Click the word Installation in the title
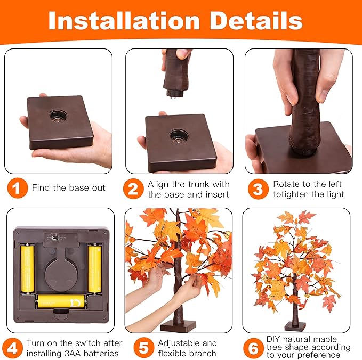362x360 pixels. (124, 21)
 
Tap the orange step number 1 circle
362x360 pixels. (18, 188)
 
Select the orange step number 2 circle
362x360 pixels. (133, 189)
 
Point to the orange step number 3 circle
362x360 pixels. (259, 189)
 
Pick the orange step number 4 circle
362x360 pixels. (13, 348)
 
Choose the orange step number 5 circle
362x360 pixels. (144, 348)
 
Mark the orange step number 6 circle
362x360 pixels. (253, 348)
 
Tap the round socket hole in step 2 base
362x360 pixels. (178, 136)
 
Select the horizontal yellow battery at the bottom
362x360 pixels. (61, 301)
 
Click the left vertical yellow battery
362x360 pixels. (28, 269)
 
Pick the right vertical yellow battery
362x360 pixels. (95, 269)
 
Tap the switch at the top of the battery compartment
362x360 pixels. (55, 238)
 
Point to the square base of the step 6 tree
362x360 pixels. (295, 326)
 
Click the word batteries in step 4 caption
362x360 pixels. (101, 353)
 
